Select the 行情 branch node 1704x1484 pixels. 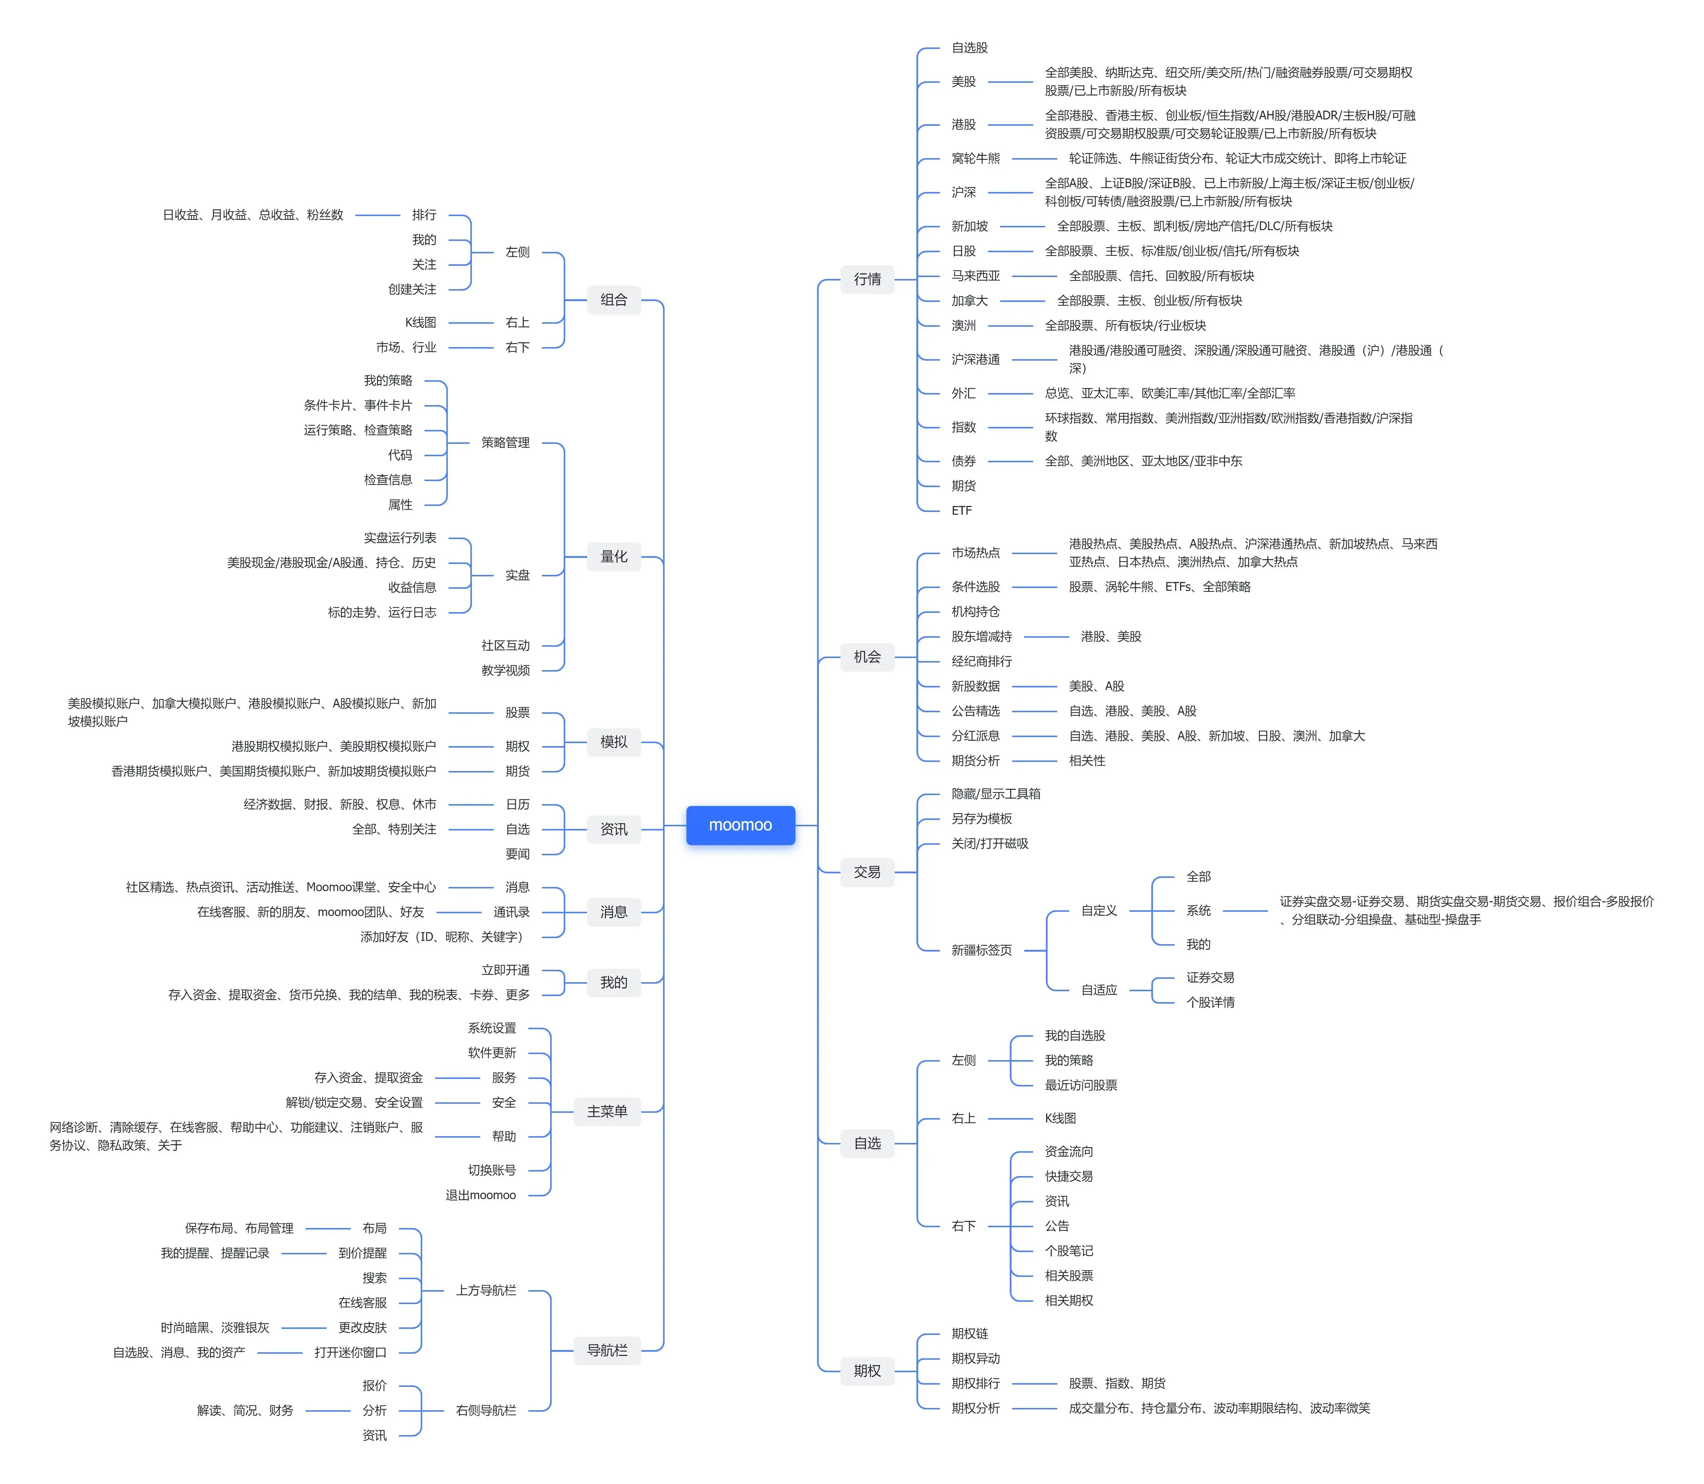click(x=867, y=279)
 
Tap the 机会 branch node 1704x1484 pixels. click(x=867, y=657)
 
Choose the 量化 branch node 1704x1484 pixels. click(x=613, y=556)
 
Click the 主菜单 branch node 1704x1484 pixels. click(x=607, y=1111)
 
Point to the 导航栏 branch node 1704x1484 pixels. click(x=607, y=1350)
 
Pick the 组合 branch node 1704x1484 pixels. click(x=613, y=300)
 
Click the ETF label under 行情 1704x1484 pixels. click(x=961, y=511)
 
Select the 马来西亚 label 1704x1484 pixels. click(x=975, y=276)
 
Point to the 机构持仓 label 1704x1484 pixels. click(x=975, y=611)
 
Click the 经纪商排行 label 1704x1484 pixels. click(x=981, y=661)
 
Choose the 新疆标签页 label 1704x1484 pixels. click(x=981, y=950)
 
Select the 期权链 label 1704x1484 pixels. click(x=969, y=1333)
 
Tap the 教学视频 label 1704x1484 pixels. click(x=505, y=670)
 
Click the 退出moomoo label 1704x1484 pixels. click(x=480, y=1195)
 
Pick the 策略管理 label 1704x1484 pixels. click(x=505, y=442)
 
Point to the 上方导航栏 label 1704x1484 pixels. click(x=486, y=1290)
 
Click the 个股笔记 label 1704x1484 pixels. click(x=1068, y=1251)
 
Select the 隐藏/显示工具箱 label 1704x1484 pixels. click(x=995, y=793)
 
